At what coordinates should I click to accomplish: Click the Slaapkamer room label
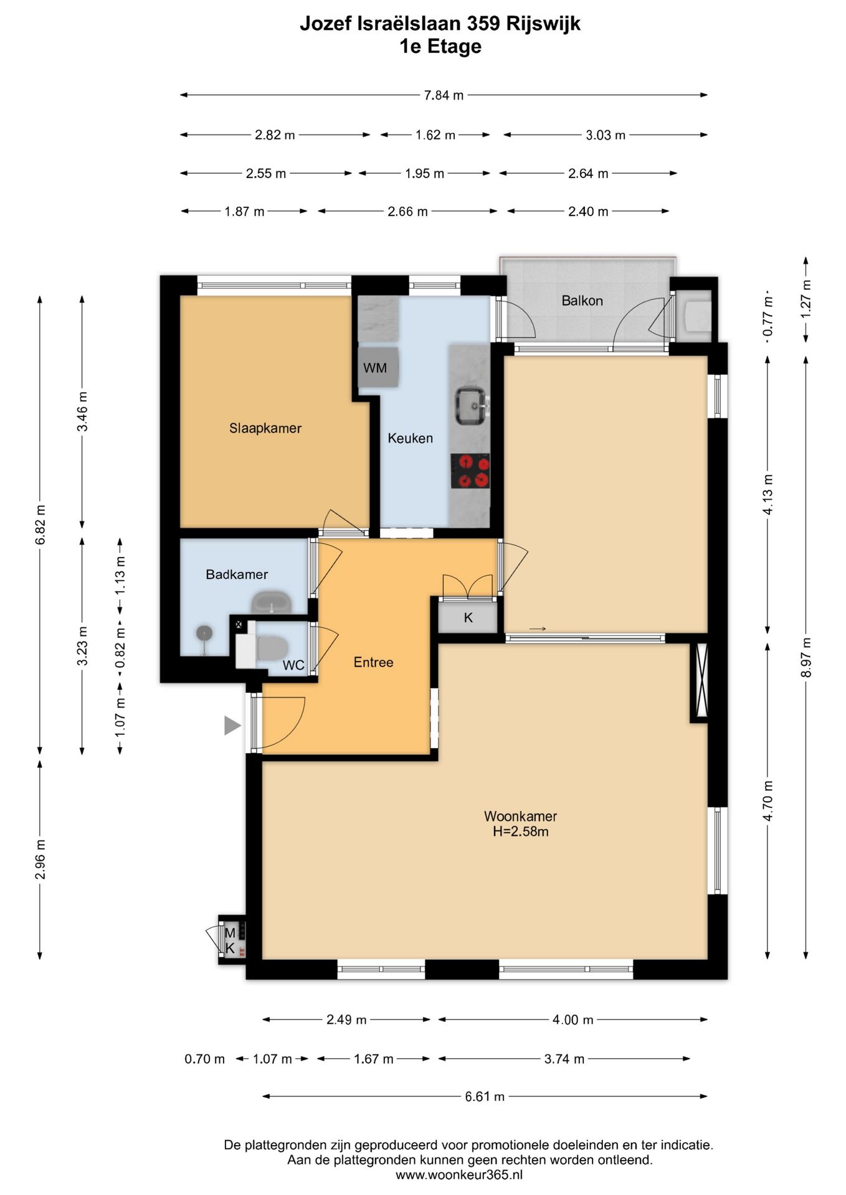(x=265, y=428)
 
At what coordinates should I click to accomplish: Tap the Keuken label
(x=410, y=438)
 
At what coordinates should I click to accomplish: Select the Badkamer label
(x=237, y=574)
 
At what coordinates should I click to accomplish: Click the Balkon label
(x=582, y=301)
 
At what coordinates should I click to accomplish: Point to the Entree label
(x=374, y=662)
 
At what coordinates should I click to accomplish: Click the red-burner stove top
(x=470, y=471)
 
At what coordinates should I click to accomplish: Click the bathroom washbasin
(x=272, y=603)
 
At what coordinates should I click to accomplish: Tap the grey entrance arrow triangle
(x=232, y=725)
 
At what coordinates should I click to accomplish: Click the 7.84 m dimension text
(x=444, y=95)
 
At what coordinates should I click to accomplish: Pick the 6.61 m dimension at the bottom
(x=485, y=1097)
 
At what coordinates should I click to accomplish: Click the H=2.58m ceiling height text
(x=521, y=832)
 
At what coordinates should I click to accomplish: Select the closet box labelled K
(x=468, y=617)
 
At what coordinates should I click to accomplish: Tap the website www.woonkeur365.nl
(x=459, y=1175)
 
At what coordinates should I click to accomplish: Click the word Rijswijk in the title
(x=543, y=24)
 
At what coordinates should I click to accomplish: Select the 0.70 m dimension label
(x=204, y=1059)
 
